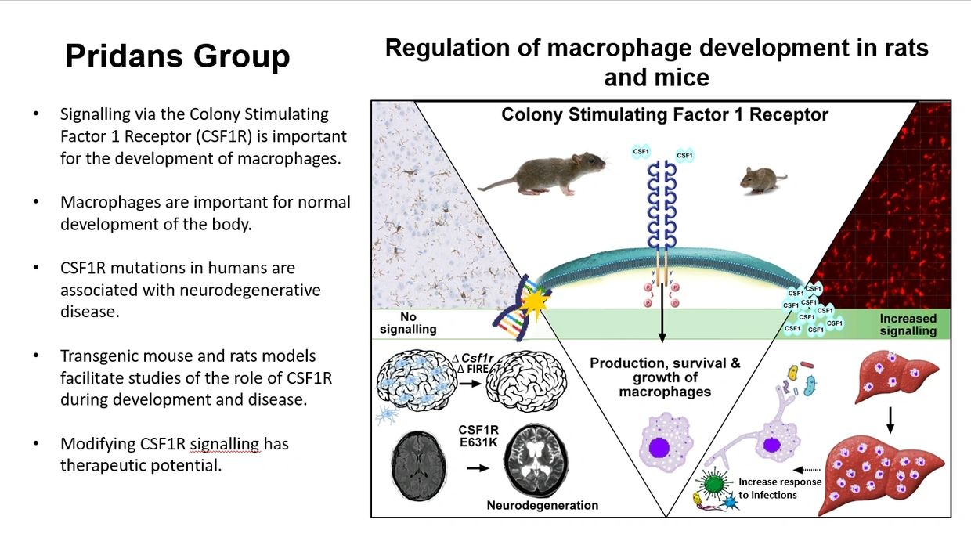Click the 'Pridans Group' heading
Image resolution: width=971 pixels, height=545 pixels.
[177, 56]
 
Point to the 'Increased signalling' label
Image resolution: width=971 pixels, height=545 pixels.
[908, 324]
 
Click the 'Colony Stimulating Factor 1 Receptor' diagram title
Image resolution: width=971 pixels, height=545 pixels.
[664, 115]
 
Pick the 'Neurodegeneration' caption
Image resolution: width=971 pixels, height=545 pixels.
[542, 505]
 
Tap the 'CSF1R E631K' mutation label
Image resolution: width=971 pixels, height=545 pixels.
[478, 435]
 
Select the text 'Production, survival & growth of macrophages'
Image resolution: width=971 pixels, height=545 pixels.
[665, 377]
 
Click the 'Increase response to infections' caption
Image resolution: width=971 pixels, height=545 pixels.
[779, 488]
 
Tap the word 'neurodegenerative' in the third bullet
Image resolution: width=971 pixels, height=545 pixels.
[190, 290]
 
